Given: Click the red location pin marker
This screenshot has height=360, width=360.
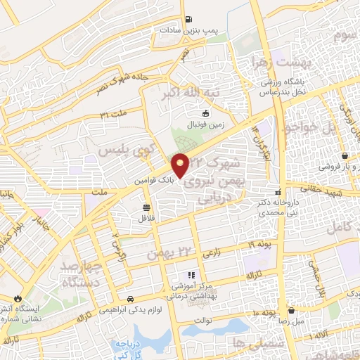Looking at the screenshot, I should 181,165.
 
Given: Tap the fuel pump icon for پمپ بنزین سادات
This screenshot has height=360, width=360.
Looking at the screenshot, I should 188,20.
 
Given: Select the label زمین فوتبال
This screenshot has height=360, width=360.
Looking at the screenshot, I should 205,124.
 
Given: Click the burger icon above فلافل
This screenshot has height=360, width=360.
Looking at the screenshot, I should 146,207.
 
